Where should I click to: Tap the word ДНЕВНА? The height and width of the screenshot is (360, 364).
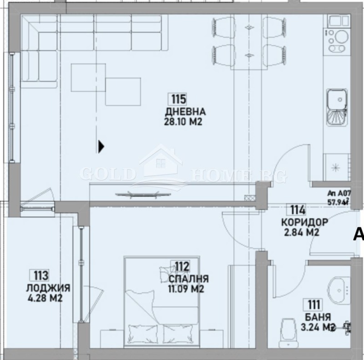186,112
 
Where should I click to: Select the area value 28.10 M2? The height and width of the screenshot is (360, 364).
182,122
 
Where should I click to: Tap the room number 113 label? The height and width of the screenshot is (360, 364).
40,275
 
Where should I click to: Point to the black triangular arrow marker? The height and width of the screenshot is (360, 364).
101,146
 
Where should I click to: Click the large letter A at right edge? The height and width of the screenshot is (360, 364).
359,234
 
